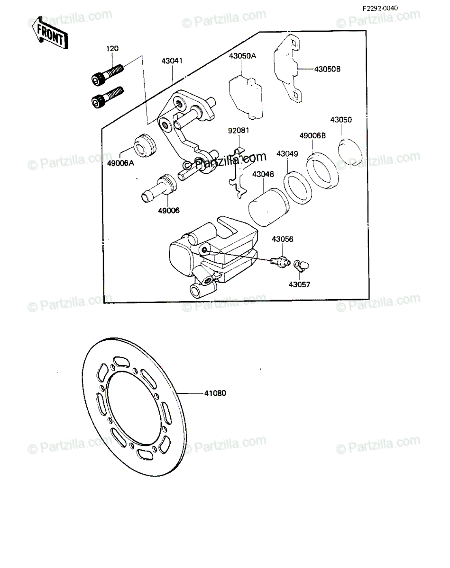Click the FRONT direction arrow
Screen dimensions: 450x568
50,33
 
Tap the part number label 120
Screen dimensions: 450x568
112,49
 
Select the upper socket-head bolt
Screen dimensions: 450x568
107,75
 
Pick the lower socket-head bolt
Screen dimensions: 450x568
107,97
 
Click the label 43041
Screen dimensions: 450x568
172,61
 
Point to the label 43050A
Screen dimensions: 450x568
242,56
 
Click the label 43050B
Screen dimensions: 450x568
327,69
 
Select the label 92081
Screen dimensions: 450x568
239,130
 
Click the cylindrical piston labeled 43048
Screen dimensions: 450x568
268,207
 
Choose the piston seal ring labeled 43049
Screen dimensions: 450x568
298,188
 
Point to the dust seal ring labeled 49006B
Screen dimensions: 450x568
322,170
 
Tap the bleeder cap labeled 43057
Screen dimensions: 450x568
302,264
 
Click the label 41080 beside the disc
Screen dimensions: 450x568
215,400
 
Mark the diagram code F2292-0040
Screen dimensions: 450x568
380,8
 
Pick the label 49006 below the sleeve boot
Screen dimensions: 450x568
169,210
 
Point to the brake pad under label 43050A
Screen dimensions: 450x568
246,98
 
